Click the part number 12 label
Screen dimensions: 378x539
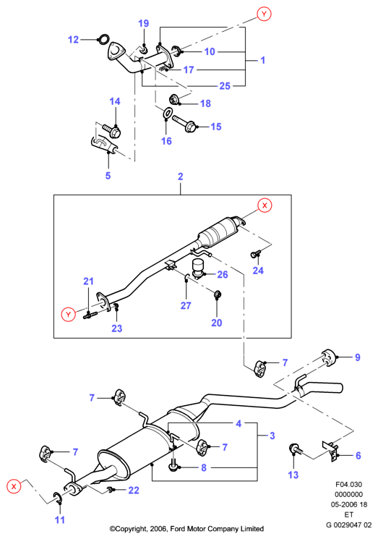[x=73, y=40]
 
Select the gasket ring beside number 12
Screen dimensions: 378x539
[x=104, y=39]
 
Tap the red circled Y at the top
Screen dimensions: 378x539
[x=264, y=14]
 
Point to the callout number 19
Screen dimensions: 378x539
[x=144, y=23]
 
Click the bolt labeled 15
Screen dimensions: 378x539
[x=184, y=124]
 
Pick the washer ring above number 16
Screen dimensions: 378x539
[x=167, y=112]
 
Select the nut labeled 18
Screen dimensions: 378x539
[x=175, y=100]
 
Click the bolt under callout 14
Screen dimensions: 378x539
[x=112, y=131]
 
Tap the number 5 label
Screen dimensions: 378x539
[x=108, y=176]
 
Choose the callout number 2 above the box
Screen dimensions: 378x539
[x=181, y=177]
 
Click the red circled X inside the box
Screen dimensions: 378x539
[x=265, y=205]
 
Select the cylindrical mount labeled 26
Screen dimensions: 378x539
[x=198, y=268]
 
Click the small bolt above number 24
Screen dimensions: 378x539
[x=254, y=255]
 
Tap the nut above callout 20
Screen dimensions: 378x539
[x=218, y=294]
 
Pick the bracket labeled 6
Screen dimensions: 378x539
[x=330, y=450]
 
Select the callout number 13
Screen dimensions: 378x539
[x=293, y=475]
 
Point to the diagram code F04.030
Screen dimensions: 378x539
[x=349, y=484]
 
